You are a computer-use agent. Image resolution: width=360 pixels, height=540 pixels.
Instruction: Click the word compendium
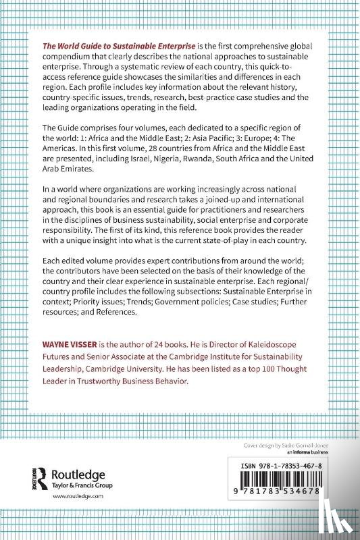pos(70,56)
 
